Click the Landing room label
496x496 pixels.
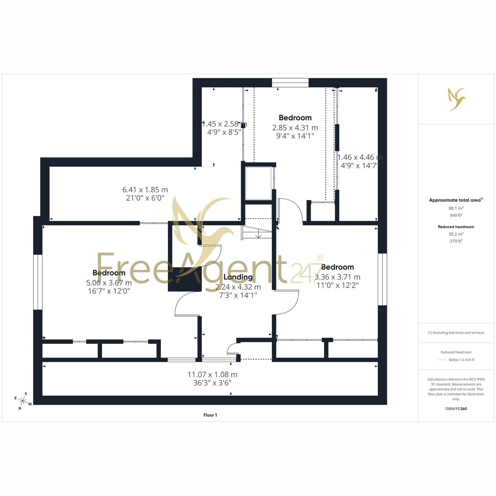(238, 277)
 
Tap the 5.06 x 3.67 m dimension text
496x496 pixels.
(109, 283)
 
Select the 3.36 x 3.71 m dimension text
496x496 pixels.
(337, 277)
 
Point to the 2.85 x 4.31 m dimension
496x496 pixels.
(295, 127)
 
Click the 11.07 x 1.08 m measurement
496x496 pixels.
(212, 374)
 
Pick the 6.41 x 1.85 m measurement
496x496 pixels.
(145, 189)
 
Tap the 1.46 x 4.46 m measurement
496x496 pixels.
(360, 157)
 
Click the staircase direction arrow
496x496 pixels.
(258, 235)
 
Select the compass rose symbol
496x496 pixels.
(23, 401)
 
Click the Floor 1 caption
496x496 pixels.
(210, 415)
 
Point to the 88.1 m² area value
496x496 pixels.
(456, 208)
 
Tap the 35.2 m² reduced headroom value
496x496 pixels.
(456, 234)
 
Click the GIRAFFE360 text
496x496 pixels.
(456, 408)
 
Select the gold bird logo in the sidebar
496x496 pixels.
(456, 99)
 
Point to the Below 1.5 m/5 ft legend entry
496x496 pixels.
(462, 360)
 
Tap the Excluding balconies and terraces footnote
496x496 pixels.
(456, 333)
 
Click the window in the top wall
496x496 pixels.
(290, 83)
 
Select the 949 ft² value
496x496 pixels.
(456, 215)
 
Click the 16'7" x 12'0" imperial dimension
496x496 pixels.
(109, 291)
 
